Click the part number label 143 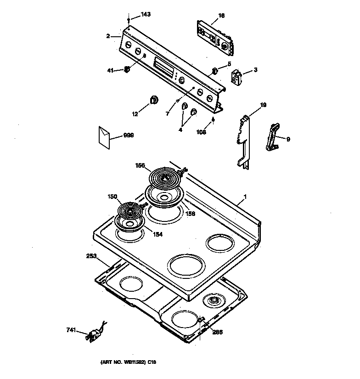point(145,15)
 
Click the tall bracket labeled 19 point(244,141)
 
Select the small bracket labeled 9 point(273,137)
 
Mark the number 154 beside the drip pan point(158,234)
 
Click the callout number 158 point(190,213)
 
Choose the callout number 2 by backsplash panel point(108,35)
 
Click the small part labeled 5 point(215,70)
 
